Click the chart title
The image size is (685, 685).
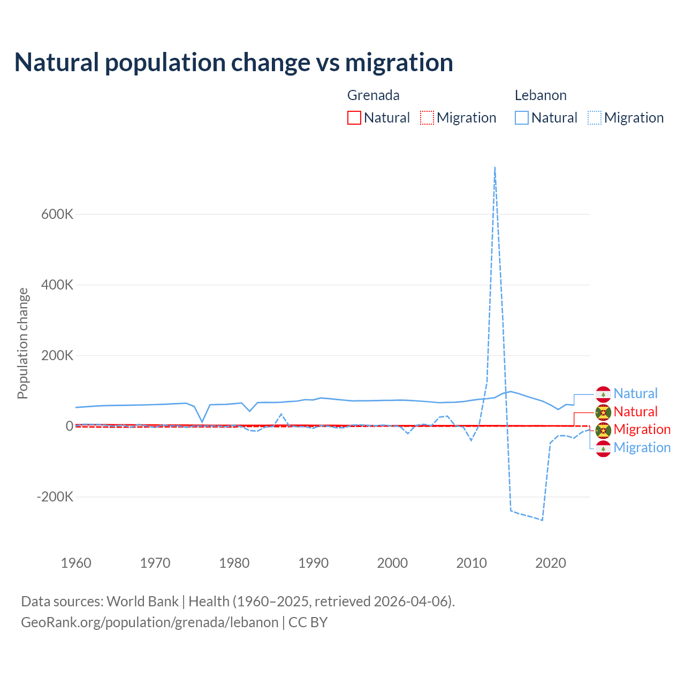pos(233,63)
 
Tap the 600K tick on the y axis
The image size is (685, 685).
pos(57,215)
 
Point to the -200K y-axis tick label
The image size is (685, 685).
pos(55,497)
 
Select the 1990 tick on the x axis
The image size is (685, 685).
pos(314,563)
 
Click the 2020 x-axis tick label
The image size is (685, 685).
pos(551,563)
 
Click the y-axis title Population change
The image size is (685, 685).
pos(22,344)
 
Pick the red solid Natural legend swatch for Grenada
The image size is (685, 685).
pos(354,118)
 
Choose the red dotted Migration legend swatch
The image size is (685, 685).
pos(427,118)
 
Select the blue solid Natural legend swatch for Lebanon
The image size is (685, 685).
pos(522,118)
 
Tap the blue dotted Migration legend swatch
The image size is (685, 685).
pos(595,118)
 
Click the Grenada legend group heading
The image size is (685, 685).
pos(374,95)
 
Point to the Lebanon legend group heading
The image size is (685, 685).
pos(541,95)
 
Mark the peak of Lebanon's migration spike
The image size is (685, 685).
pos(495,168)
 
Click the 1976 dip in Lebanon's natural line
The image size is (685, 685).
pos(202,422)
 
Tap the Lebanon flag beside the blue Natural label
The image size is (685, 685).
pos(604,394)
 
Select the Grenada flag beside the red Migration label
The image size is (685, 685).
pos(604,430)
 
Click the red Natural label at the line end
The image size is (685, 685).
pos(635,412)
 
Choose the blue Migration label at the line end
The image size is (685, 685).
pos(642,448)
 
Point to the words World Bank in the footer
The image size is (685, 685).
pos(142,602)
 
